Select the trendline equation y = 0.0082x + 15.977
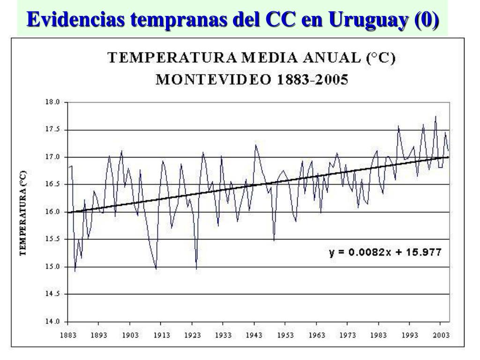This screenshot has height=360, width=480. tap(385, 252)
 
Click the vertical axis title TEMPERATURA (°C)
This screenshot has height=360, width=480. tap(22, 212)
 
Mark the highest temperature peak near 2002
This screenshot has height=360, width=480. tap(435, 116)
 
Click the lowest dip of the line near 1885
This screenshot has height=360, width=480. tap(75, 271)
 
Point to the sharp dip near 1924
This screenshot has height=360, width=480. tap(196, 268)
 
